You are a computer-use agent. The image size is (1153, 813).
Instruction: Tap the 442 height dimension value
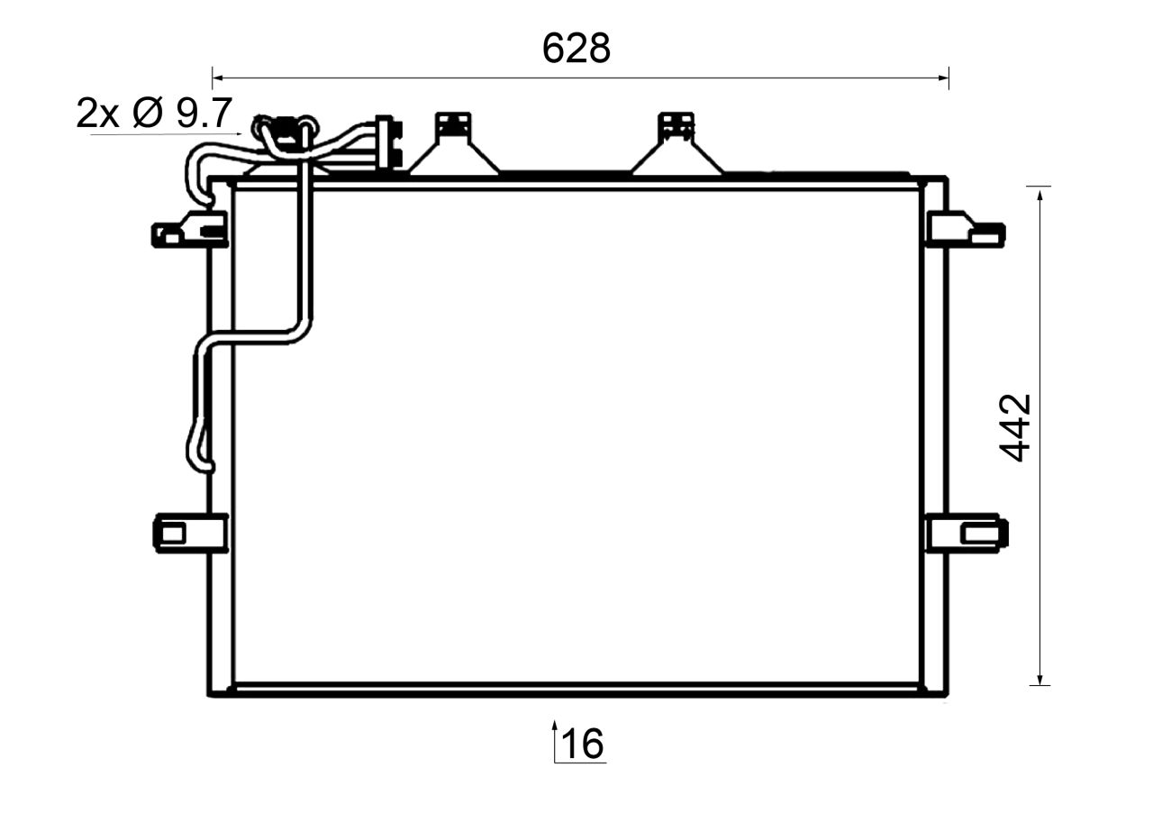[1016, 428]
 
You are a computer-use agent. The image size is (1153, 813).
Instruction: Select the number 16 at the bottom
[583, 744]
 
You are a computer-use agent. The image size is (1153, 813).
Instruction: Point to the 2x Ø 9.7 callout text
[155, 114]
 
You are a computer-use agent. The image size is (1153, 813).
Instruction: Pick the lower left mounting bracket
[189, 532]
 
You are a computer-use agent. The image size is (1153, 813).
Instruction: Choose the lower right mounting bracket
[966, 532]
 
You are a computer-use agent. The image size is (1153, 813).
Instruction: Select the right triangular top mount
[676, 149]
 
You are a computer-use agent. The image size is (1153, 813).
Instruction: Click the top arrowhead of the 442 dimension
[1040, 192]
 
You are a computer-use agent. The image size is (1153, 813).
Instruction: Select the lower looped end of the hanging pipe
[199, 451]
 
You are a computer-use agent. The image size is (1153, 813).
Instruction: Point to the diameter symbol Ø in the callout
[147, 114]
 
